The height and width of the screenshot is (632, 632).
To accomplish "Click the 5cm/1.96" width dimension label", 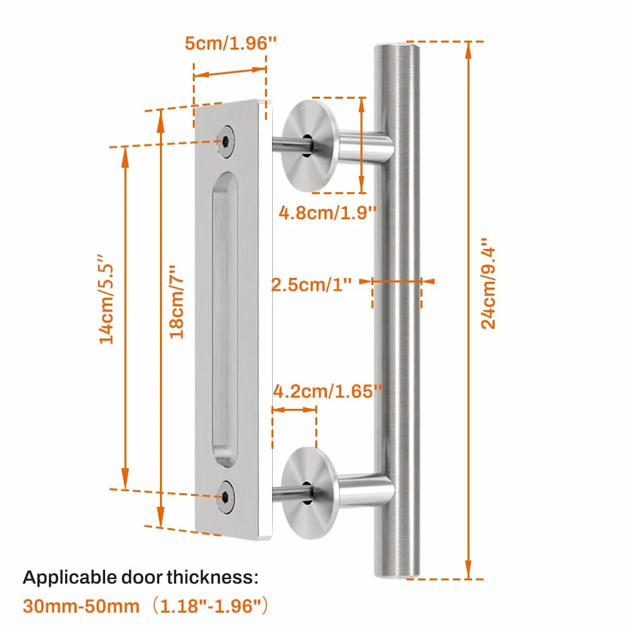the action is [x=231, y=43].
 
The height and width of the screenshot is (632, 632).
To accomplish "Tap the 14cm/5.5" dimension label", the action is [x=106, y=299].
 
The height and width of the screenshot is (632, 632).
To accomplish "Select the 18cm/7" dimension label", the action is [x=176, y=302].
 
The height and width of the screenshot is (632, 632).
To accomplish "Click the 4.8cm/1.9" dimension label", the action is [x=328, y=212].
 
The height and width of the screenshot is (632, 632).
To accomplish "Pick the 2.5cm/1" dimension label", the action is [x=311, y=284].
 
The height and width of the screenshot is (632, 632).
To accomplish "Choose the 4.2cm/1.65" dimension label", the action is [x=328, y=391].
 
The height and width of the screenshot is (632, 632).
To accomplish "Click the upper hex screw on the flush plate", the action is [x=226, y=141].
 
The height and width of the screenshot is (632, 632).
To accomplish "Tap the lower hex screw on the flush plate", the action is [x=226, y=497].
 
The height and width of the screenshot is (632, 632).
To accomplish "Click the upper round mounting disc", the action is [x=310, y=146].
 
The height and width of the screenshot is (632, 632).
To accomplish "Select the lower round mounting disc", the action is [x=310, y=493].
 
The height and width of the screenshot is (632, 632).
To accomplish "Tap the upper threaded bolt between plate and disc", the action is [x=291, y=143].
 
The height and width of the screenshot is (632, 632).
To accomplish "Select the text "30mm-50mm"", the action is [x=81, y=606].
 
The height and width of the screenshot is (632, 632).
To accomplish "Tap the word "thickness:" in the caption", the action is [x=212, y=577].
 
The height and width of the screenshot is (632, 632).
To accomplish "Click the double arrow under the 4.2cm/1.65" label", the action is [x=294, y=410].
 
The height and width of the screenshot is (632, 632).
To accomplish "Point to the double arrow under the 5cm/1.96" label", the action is [x=230, y=72].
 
